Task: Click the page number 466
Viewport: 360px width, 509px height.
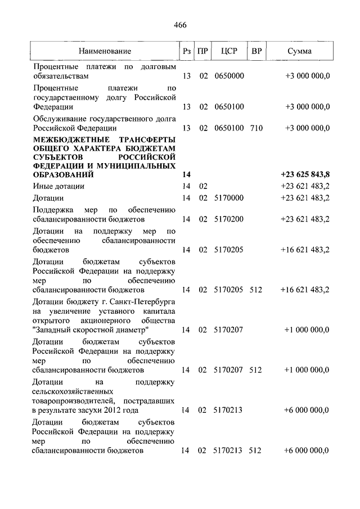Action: tap(180, 25)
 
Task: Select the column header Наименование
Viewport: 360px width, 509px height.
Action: tap(105, 51)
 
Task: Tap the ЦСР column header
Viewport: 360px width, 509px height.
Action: tap(229, 51)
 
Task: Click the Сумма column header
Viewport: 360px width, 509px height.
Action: tap(299, 51)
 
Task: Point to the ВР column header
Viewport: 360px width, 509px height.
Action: tap(256, 51)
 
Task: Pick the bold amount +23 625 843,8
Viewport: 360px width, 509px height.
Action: tap(305, 175)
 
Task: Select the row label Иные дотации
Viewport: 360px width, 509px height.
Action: tap(58, 186)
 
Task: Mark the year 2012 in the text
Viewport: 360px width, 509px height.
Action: tap(114, 410)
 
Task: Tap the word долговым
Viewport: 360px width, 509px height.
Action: tap(159, 66)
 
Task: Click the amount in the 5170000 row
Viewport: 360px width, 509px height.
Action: tap(305, 198)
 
